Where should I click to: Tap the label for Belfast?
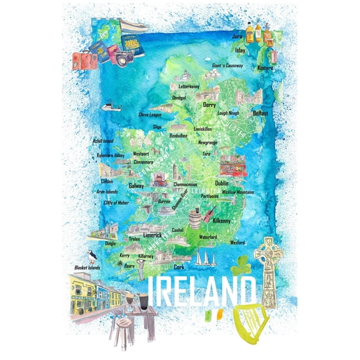260,114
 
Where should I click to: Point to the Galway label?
136,186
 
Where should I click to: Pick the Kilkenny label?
221,221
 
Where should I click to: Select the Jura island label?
236,37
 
